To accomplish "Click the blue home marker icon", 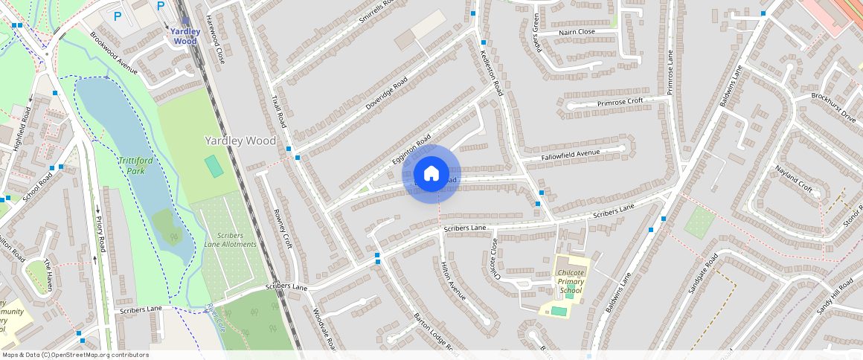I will [431, 174].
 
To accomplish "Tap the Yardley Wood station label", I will [185, 36].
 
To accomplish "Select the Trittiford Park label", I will [131, 165].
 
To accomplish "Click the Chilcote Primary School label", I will [571, 281].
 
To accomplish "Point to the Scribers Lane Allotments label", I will [231, 240].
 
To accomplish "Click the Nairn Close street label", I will [577, 32].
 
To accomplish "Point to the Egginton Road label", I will [411, 150].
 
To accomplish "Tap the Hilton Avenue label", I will [453, 280].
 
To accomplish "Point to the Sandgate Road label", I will [702, 273].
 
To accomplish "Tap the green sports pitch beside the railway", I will [214, 166].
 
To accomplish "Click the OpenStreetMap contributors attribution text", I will [76, 355].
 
